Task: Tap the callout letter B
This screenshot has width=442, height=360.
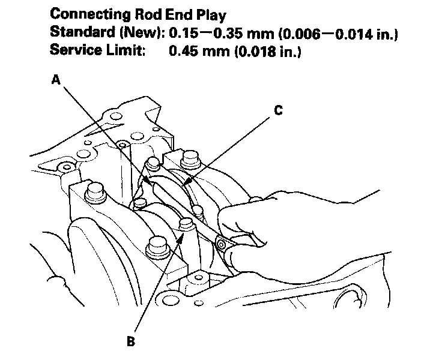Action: click(131, 343)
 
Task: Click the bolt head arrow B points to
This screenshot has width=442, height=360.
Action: click(186, 225)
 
